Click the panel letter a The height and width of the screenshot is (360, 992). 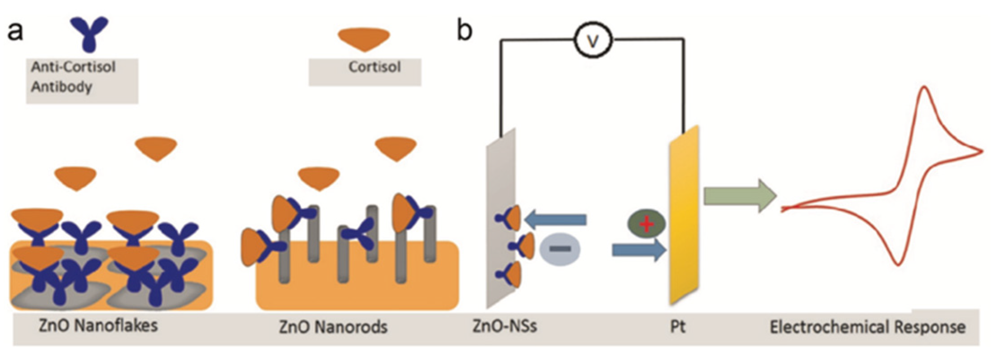[x=16, y=32]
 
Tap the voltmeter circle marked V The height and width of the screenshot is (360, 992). [x=593, y=41]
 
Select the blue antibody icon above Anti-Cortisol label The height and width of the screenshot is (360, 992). [x=89, y=34]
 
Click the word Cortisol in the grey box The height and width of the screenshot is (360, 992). [x=374, y=67]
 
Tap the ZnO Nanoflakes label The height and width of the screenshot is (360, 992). [x=98, y=325]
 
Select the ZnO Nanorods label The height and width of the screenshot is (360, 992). [x=333, y=327]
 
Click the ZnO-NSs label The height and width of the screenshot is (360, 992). [x=505, y=325]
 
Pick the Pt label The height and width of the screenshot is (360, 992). [x=678, y=326]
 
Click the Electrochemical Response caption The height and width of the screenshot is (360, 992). [x=868, y=327]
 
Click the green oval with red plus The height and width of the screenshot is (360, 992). [x=646, y=224]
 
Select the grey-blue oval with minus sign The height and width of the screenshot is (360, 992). [x=560, y=249]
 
